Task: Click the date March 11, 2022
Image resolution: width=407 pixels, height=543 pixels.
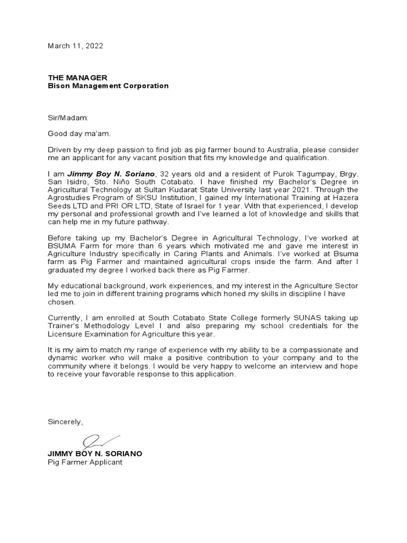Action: point(75,46)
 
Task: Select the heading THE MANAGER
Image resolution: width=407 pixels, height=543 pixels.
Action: point(77,77)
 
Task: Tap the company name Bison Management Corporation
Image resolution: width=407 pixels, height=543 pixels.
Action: point(108,86)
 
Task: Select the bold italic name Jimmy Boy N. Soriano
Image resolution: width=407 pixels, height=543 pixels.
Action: point(111,173)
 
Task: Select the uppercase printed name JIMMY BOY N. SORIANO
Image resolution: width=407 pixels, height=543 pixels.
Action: point(95,454)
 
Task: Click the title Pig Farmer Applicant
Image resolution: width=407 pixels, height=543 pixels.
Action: point(85,462)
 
